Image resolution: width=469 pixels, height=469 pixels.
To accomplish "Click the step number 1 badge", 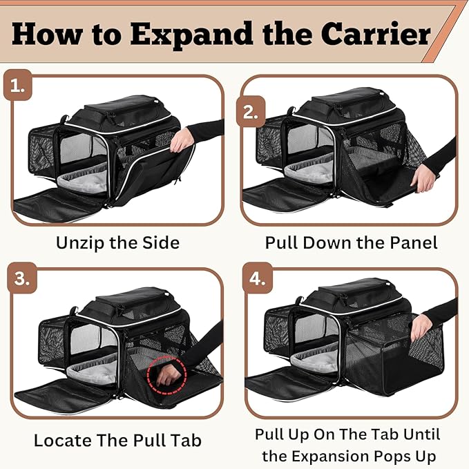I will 17,88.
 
